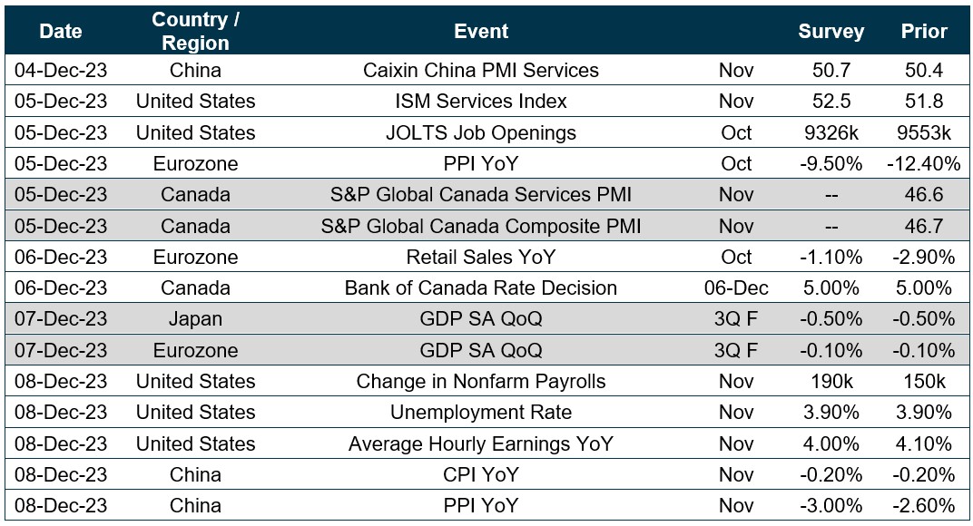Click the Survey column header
[x=830, y=31]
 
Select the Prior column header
[x=924, y=31]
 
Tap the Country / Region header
[x=195, y=31]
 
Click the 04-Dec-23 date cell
[x=61, y=70]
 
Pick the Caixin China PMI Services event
[x=480, y=70]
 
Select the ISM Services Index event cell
[x=480, y=101]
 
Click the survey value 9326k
[x=830, y=132]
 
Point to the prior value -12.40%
[x=924, y=163]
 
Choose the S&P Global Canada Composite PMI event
[x=480, y=226]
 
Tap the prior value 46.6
[x=924, y=195]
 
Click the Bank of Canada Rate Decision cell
[x=480, y=288]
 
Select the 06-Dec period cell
[x=735, y=288]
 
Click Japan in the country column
[x=195, y=319]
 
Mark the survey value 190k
[x=830, y=381]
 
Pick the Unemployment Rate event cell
[x=480, y=413]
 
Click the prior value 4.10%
[x=924, y=443]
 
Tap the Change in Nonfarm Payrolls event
[x=480, y=381]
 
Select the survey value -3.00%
[x=830, y=505]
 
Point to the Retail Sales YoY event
[x=480, y=257]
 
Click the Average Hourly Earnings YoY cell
[x=480, y=443]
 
